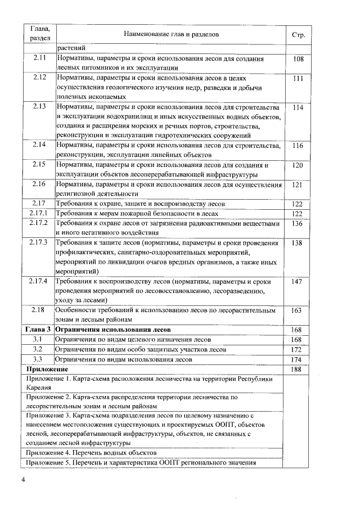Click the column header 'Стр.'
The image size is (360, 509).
click(299, 35)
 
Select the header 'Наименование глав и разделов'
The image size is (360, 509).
click(171, 35)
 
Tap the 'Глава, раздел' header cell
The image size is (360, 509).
click(39, 35)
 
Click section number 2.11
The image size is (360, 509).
click(39, 58)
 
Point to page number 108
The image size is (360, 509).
click(298, 58)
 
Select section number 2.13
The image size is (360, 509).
click(39, 106)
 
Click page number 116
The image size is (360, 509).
click(298, 146)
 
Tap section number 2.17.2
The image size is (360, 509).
click(39, 223)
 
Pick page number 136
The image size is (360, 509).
click(298, 223)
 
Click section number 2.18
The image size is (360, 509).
click(39, 310)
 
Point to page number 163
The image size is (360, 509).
click(298, 310)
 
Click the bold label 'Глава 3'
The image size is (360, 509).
click(39, 330)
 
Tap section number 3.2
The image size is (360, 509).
click(39, 349)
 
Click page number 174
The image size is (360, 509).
click(298, 359)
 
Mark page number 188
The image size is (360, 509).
click(298, 369)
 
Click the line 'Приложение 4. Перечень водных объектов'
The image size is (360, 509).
click(91, 452)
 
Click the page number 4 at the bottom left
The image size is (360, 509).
click(24, 479)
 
